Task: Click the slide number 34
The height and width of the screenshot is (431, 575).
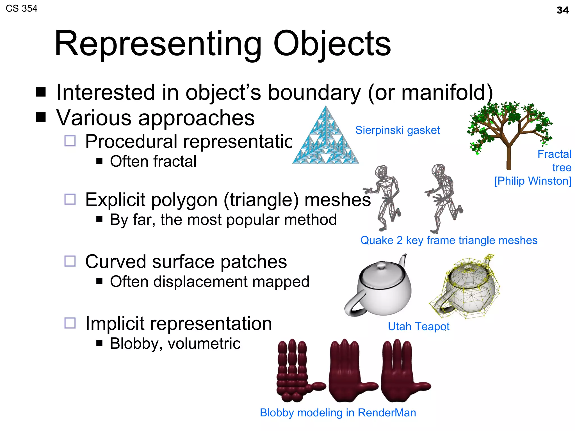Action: (563, 10)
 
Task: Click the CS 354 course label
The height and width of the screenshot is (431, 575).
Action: (22, 9)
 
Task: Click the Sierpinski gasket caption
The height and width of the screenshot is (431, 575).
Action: (397, 130)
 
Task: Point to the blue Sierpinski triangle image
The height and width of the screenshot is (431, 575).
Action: (326, 140)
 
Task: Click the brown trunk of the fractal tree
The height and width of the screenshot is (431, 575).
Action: (508, 157)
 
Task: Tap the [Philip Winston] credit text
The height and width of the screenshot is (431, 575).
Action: (533, 181)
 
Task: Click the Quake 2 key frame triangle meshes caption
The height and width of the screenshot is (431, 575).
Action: (449, 240)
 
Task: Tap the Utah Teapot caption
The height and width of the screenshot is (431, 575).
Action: (418, 327)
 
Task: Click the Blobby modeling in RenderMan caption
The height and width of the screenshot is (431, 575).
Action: (338, 413)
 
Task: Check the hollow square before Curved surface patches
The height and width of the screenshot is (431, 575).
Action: (70, 261)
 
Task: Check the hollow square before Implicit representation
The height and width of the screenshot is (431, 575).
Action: (70, 323)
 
